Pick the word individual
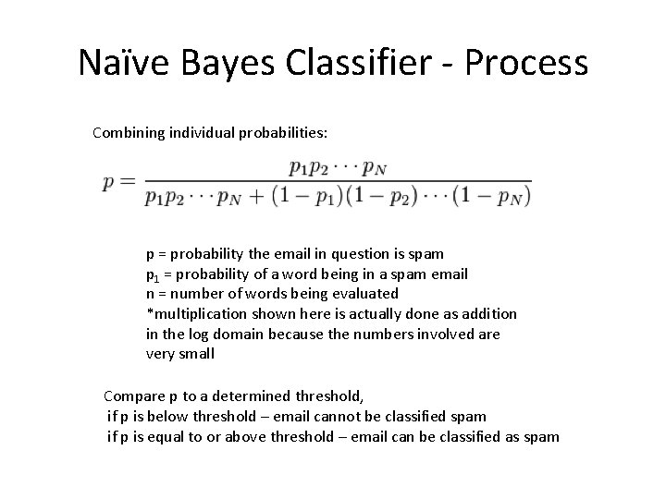202,133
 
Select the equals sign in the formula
128,181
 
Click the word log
196,335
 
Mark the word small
196,355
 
